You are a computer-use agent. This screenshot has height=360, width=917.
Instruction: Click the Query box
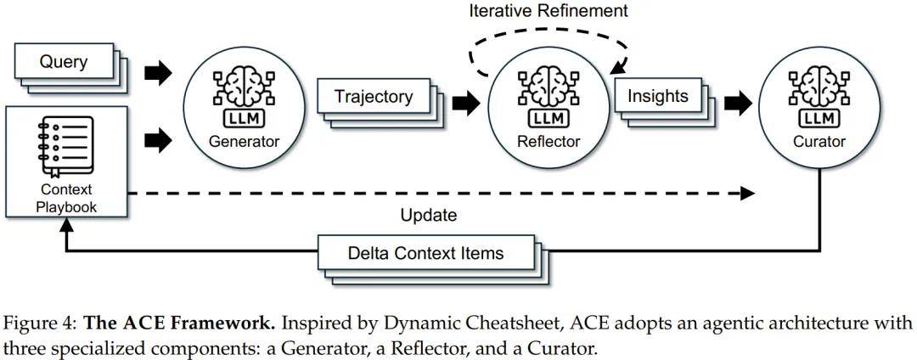pyautogui.click(x=64, y=61)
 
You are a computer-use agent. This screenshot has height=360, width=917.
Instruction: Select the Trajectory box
pyautogui.click(x=374, y=96)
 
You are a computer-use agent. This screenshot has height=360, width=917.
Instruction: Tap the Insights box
pyautogui.click(x=658, y=96)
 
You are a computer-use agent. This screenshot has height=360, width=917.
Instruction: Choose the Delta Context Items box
pyautogui.click(x=425, y=253)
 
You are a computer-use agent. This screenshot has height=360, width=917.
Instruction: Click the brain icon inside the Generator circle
pyautogui.click(x=244, y=85)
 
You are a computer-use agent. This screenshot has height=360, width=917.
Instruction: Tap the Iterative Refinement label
pyautogui.click(x=549, y=11)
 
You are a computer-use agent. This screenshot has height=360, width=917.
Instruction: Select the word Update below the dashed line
pyautogui.click(x=429, y=215)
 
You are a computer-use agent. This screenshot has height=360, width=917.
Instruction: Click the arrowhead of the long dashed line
pyautogui.click(x=747, y=193)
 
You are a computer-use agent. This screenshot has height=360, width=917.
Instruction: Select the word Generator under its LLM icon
pyautogui.click(x=244, y=141)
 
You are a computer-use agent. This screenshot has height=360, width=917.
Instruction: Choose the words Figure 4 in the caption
pyautogui.click(x=39, y=324)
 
